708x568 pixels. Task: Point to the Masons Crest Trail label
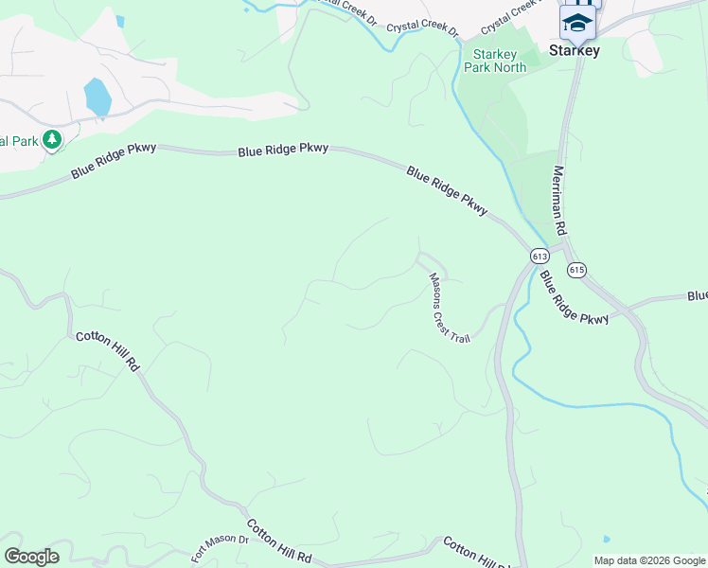[x=449, y=308]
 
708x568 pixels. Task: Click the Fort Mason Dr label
[x=219, y=547]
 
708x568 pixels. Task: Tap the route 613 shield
[x=540, y=257]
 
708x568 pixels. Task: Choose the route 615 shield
[x=576, y=270]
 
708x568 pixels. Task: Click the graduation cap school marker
[x=576, y=21]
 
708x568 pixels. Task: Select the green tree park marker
[x=51, y=141]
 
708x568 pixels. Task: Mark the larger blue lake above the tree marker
[x=97, y=97]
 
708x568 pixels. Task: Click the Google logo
[x=31, y=557]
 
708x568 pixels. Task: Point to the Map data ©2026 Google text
[x=648, y=560]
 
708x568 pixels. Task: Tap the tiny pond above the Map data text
[x=606, y=539]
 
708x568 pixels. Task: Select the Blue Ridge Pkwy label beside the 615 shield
[x=574, y=297]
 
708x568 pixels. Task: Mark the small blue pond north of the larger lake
[x=118, y=21]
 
